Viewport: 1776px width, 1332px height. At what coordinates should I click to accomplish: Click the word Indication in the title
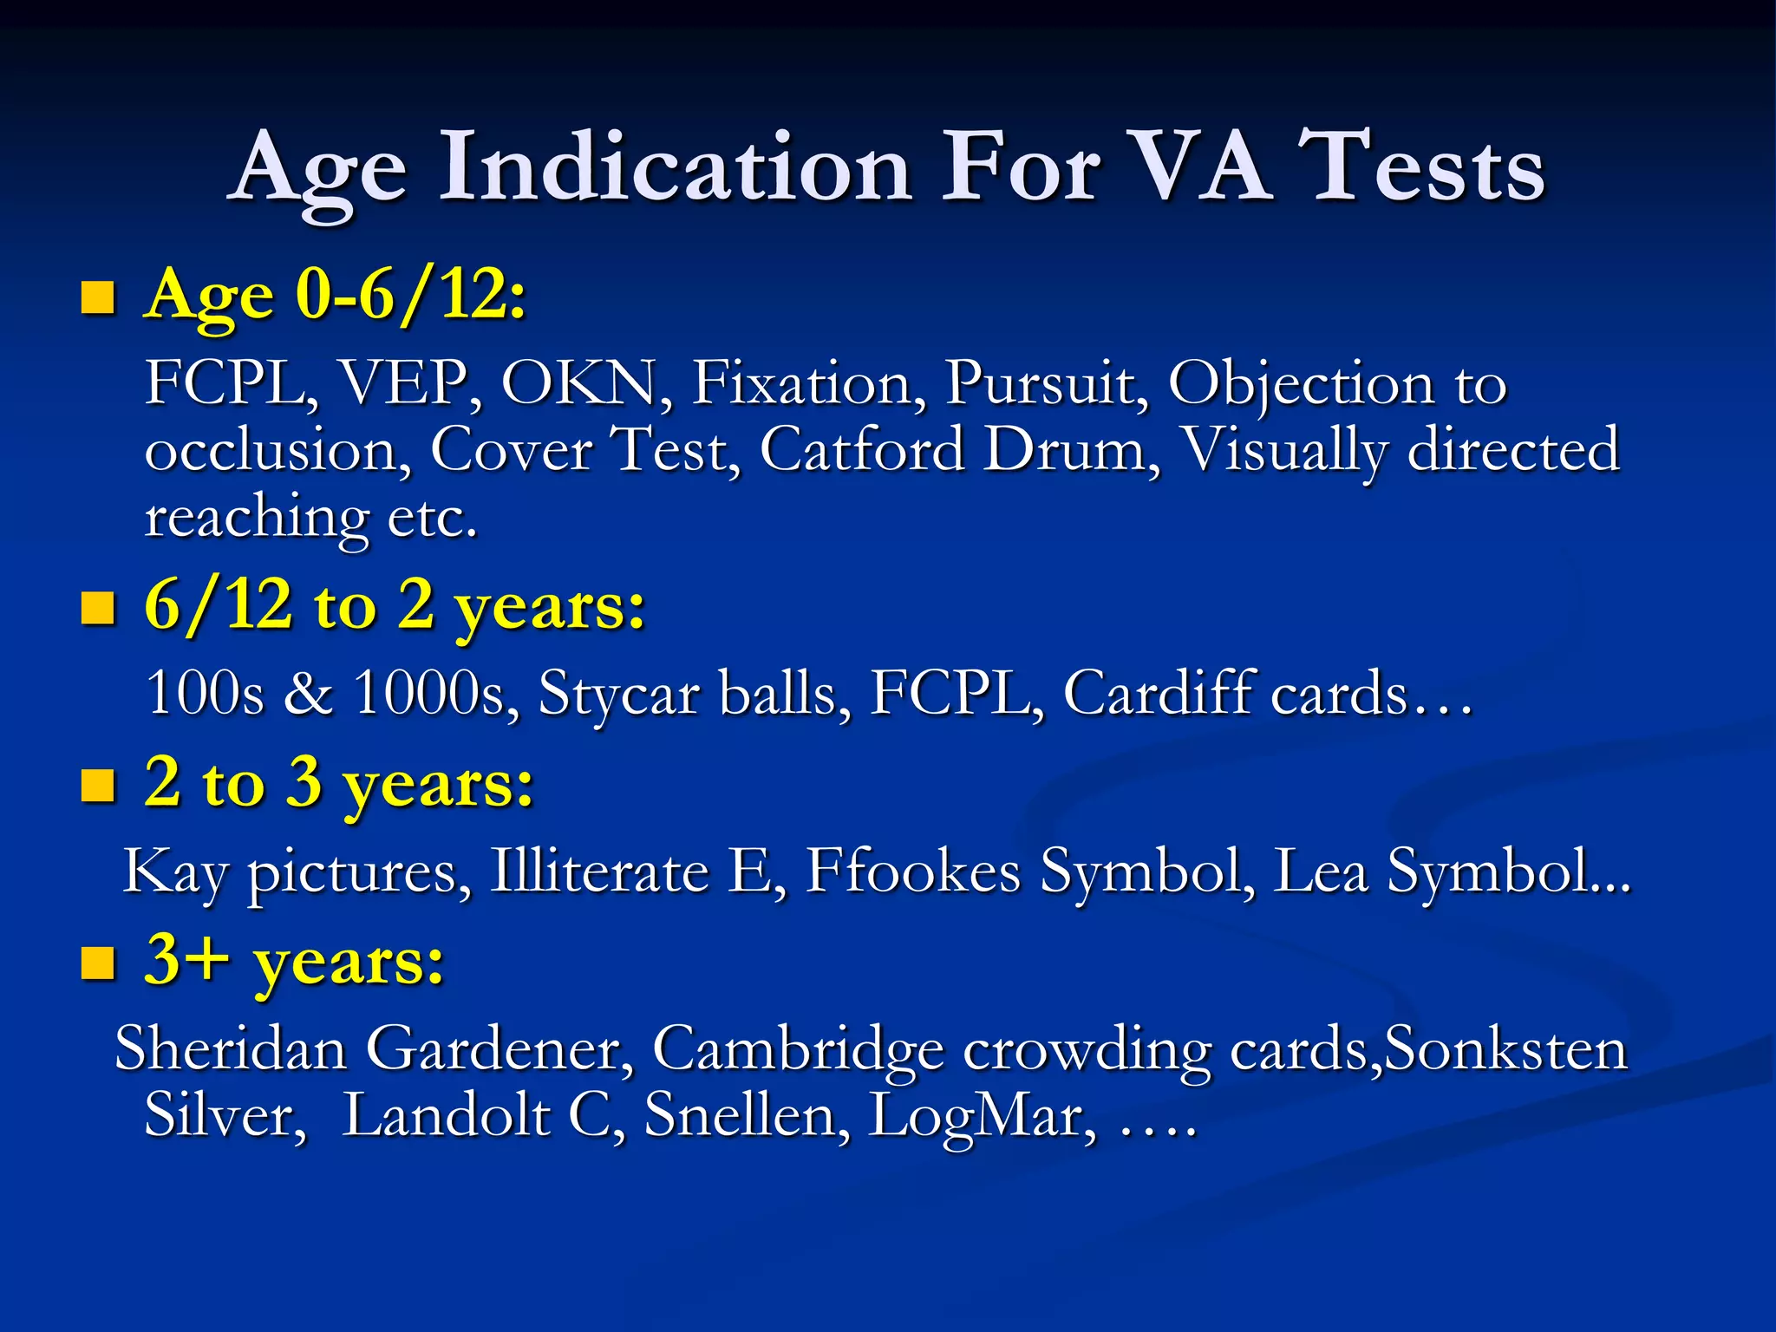pyautogui.click(x=676, y=166)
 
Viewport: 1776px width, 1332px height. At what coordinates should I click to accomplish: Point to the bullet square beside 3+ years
pyautogui.click(x=98, y=963)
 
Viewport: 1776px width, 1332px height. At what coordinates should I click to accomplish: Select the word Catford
pyautogui.click(x=862, y=450)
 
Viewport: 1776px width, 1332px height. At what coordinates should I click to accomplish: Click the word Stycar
pyautogui.click(x=618, y=694)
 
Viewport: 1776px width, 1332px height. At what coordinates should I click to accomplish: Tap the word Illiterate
pyautogui.click(x=599, y=871)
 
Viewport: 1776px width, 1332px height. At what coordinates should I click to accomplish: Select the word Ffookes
pyautogui.click(x=912, y=871)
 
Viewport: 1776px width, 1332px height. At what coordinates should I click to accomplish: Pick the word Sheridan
pyautogui.click(x=230, y=1048)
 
